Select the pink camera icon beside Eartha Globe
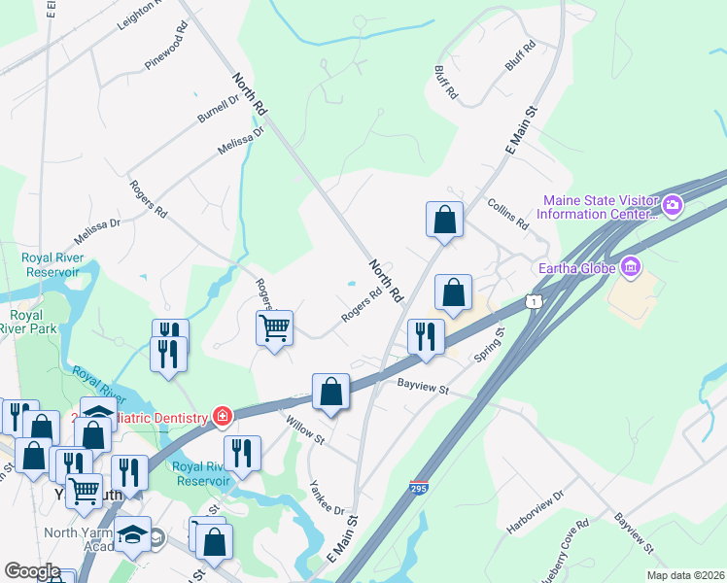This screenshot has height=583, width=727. point(631,265)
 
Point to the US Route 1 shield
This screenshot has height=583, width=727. point(532,302)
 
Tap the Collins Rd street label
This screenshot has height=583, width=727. point(507,215)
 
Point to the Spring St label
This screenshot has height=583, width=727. point(491,347)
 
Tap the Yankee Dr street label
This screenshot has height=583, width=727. point(327,497)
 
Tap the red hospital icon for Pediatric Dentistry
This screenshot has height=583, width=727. point(224,416)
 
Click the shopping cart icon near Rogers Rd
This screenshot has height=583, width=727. point(275,327)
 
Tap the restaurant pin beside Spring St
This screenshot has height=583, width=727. point(425,335)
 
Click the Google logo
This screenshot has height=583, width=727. point(32,571)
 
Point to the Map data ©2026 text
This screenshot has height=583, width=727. point(685,575)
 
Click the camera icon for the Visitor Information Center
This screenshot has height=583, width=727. point(672,205)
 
